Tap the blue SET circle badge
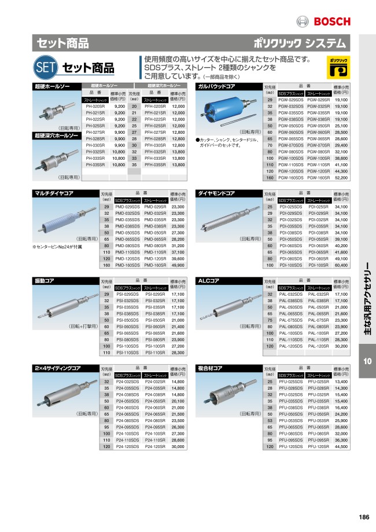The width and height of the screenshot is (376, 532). click(x=45, y=67)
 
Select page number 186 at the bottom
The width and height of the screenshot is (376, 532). click(x=364, y=517)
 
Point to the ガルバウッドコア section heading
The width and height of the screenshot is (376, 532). click(x=217, y=86)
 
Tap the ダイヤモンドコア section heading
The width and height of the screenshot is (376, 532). click(x=218, y=193)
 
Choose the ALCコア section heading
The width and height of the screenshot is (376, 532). click(x=209, y=281)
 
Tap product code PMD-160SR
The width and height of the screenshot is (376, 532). click(x=155, y=265)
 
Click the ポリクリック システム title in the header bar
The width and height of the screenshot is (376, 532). click(x=300, y=43)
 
